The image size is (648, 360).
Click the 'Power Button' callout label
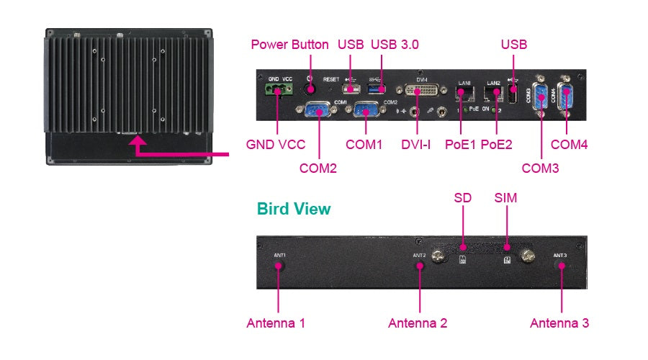(x=289, y=45)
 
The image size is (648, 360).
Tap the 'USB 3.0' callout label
(x=395, y=45)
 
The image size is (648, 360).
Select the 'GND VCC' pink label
(x=276, y=144)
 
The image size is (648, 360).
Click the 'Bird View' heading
(x=294, y=209)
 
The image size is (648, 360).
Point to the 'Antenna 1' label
(x=276, y=323)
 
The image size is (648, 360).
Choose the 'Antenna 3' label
(x=559, y=323)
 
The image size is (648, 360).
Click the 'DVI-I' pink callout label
(x=415, y=144)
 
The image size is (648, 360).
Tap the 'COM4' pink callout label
(x=569, y=144)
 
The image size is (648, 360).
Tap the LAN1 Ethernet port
(x=464, y=92)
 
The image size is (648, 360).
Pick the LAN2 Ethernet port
(x=494, y=92)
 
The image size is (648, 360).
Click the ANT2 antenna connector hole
(x=420, y=264)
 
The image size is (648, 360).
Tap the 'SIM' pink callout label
(x=505, y=197)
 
